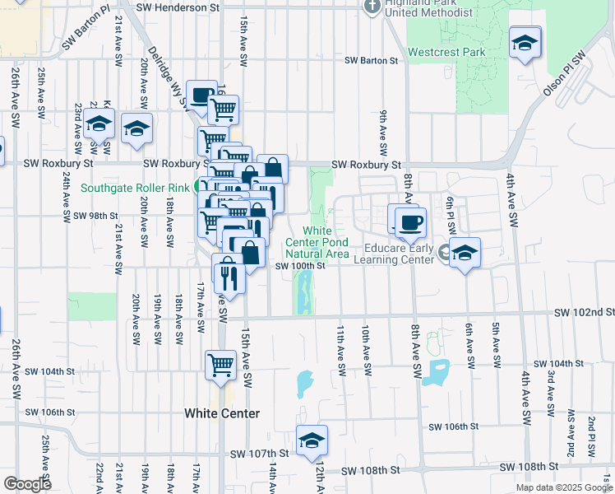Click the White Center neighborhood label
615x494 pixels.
pyautogui.click(x=222, y=413)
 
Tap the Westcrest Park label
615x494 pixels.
pyautogui.click(x=446, y=52)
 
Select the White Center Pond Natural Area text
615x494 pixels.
pyautogui.click(x=317, y=242)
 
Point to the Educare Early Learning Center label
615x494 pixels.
pyautogui.click(x=393, y=252)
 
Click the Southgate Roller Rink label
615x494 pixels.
pyautogui.click(x=136, y=187)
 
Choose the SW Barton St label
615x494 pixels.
pyautogui.click(x=371, y=60)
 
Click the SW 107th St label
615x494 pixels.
pyautogui.click(x=261, y=454)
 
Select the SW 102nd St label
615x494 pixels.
pyautogui.click(x=584, y=313)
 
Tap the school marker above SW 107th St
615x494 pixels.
pyautogui.click(x=312, y=441)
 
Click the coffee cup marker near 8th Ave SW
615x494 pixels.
pyautogui.click(x=410, y=221)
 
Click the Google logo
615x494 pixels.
pyautogui.click(x=27, y=484)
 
